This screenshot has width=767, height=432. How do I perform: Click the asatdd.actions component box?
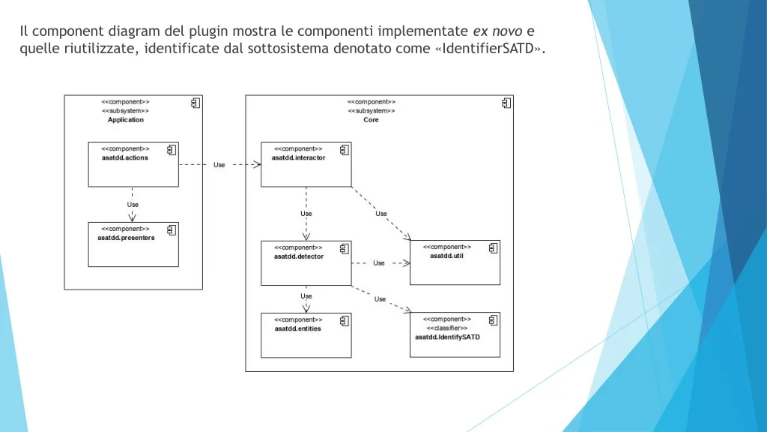[x=133, y=164]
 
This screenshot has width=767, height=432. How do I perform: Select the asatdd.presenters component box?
[x=133, y=244]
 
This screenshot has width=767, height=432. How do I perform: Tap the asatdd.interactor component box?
[x=306, y=164]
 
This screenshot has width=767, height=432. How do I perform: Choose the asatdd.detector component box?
[x=306, y=263]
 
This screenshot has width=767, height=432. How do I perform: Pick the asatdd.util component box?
[x=455, y=262]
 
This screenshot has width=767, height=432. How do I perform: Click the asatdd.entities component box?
[x=306, y=335]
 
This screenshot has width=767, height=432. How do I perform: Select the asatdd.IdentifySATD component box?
[x=455, y=335]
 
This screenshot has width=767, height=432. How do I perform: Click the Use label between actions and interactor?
[x=219, y=165]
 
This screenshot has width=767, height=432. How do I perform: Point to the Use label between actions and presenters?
[x=133, y=205]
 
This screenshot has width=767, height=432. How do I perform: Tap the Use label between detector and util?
[x=378, y=263]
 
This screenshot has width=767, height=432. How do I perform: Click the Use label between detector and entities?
[x=306, y=296]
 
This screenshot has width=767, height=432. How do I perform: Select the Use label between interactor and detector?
[x=306, y=214]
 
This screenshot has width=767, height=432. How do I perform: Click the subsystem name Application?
[x=126, y=120]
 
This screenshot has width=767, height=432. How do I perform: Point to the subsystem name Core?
[x=371, y=120]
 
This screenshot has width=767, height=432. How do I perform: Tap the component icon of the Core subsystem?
[x=506, y=103]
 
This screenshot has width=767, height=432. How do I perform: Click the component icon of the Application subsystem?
[x=195, y=103]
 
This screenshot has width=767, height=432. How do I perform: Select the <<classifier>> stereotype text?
[x=447, y=328]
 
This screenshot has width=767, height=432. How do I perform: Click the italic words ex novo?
[x=497, y=31]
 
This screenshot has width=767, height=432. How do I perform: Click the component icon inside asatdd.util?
[x=493, y=248]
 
